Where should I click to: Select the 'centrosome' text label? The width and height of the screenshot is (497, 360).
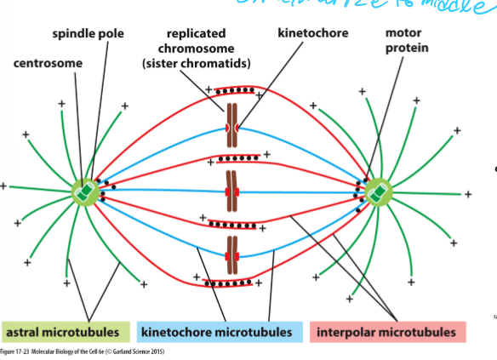click(49, 64)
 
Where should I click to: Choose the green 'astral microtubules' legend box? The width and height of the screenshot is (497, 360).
click(66, 331)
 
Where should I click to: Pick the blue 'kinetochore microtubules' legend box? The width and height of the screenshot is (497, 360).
click(220, 331)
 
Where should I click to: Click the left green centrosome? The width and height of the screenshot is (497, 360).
click(85, 190)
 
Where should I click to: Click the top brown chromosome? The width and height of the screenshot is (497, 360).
click(231, 126)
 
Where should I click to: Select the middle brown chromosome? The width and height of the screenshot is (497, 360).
click(231, 189)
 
